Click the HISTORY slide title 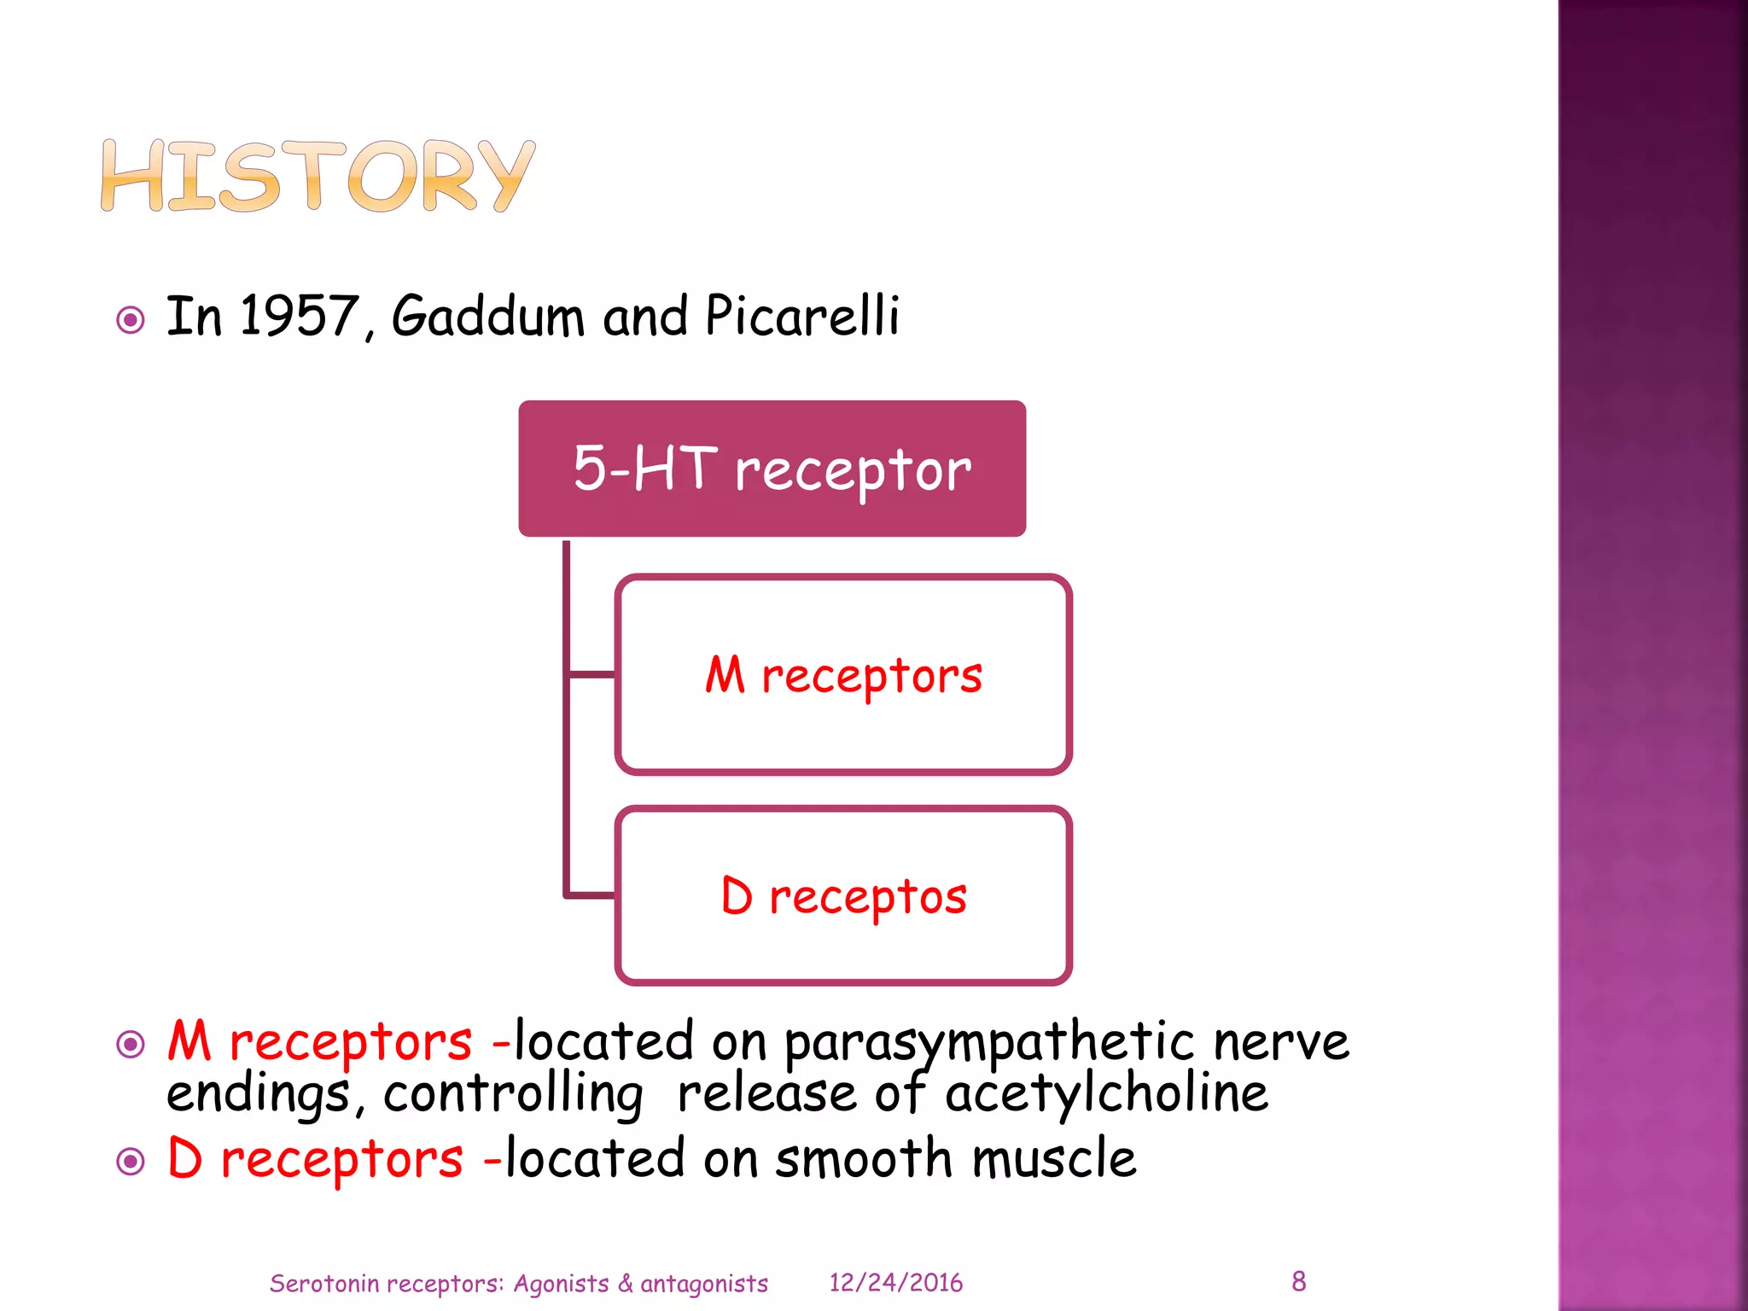[318, 176]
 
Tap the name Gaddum [487, 316]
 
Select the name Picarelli [801, 316]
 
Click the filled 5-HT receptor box [772, 469]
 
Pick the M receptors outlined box [842, 674]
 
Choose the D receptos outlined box [842, 895]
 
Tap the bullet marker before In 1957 [131, 321]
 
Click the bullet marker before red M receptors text [131, 1044]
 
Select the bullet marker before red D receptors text [131, 1162]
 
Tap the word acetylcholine [1106, 1094]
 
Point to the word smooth [863, 1159]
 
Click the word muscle [1054, 1159]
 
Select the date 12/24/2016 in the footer [895, 1283]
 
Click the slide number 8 [1298, 1281]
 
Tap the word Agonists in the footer [561, 1284]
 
